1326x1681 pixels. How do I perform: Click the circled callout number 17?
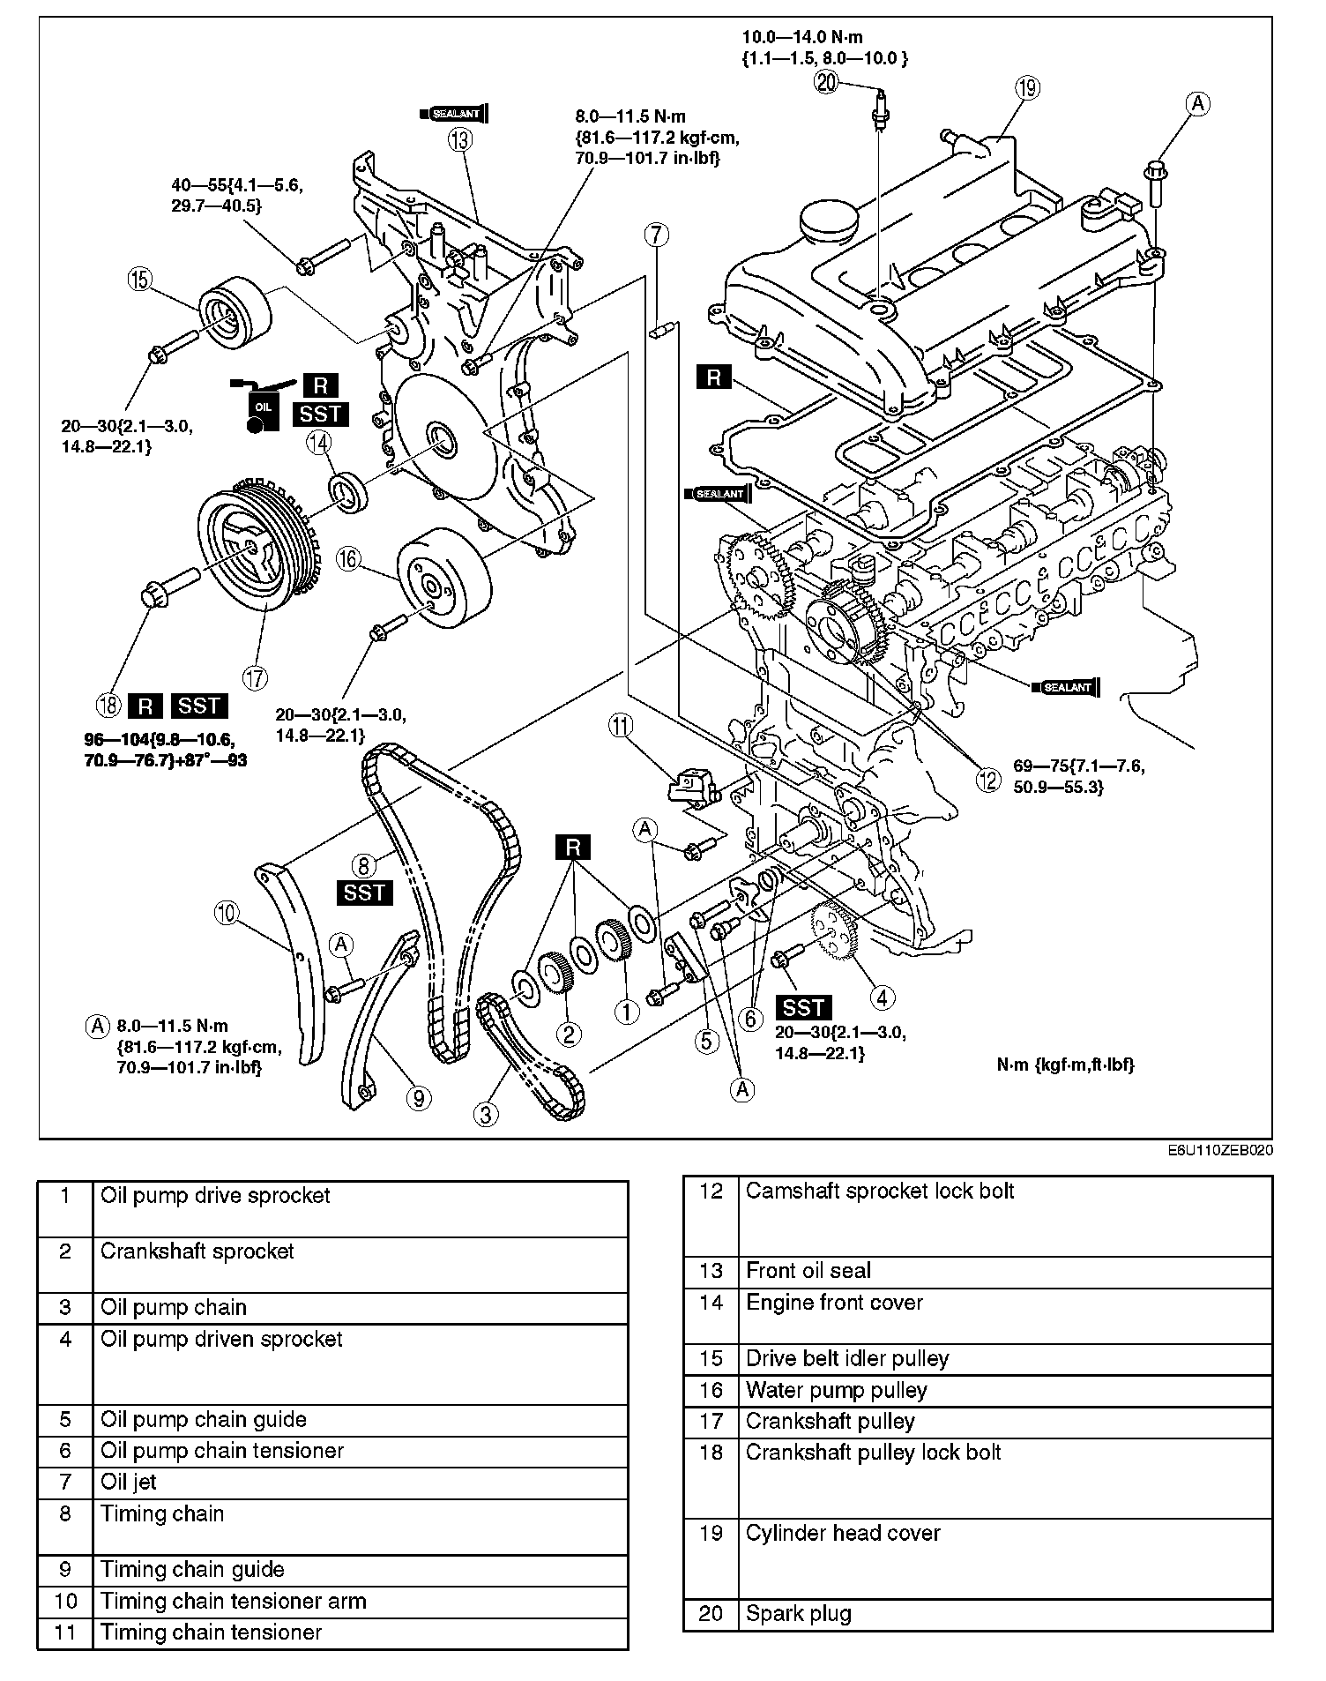tap(255, 677)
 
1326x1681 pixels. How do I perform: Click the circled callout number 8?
tap(363, 864)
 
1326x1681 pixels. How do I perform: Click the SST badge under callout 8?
tap(363, 893)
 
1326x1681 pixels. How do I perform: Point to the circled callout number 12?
tap(987, 780)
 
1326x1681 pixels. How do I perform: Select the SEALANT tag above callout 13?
tap(457, 113)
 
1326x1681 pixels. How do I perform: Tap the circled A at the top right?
tap(1196, 104)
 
